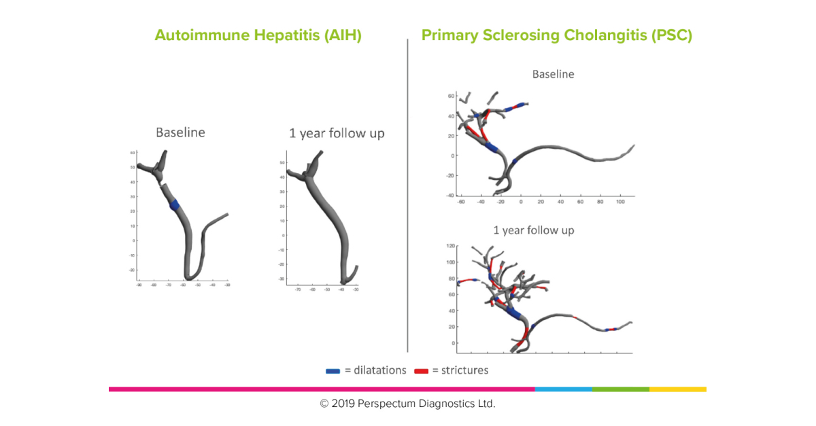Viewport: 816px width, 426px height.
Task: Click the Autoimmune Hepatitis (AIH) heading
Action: pos(258,35)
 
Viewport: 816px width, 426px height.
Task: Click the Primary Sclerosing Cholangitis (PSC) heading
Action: pos(556,35)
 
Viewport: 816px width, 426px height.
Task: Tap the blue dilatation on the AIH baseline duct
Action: pos(175,205)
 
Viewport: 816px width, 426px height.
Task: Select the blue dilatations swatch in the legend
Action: pos(333,371)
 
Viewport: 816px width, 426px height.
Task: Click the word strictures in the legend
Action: pos(464,370)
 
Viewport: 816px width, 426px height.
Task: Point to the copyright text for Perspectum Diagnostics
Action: pos(407,404)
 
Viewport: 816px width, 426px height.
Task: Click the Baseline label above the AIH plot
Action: pos(180,132)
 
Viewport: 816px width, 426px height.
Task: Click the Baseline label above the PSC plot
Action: pos(553,74)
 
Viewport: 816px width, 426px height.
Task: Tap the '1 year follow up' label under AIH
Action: pos(337,133)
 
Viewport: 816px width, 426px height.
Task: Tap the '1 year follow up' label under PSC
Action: pos(534,230)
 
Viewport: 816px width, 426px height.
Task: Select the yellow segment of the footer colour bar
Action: pos(677,389)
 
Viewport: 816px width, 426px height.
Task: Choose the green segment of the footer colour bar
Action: pos(620,389)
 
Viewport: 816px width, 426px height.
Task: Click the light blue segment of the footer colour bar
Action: pos(563,389)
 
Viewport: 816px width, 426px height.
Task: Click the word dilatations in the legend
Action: pos(375,370)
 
